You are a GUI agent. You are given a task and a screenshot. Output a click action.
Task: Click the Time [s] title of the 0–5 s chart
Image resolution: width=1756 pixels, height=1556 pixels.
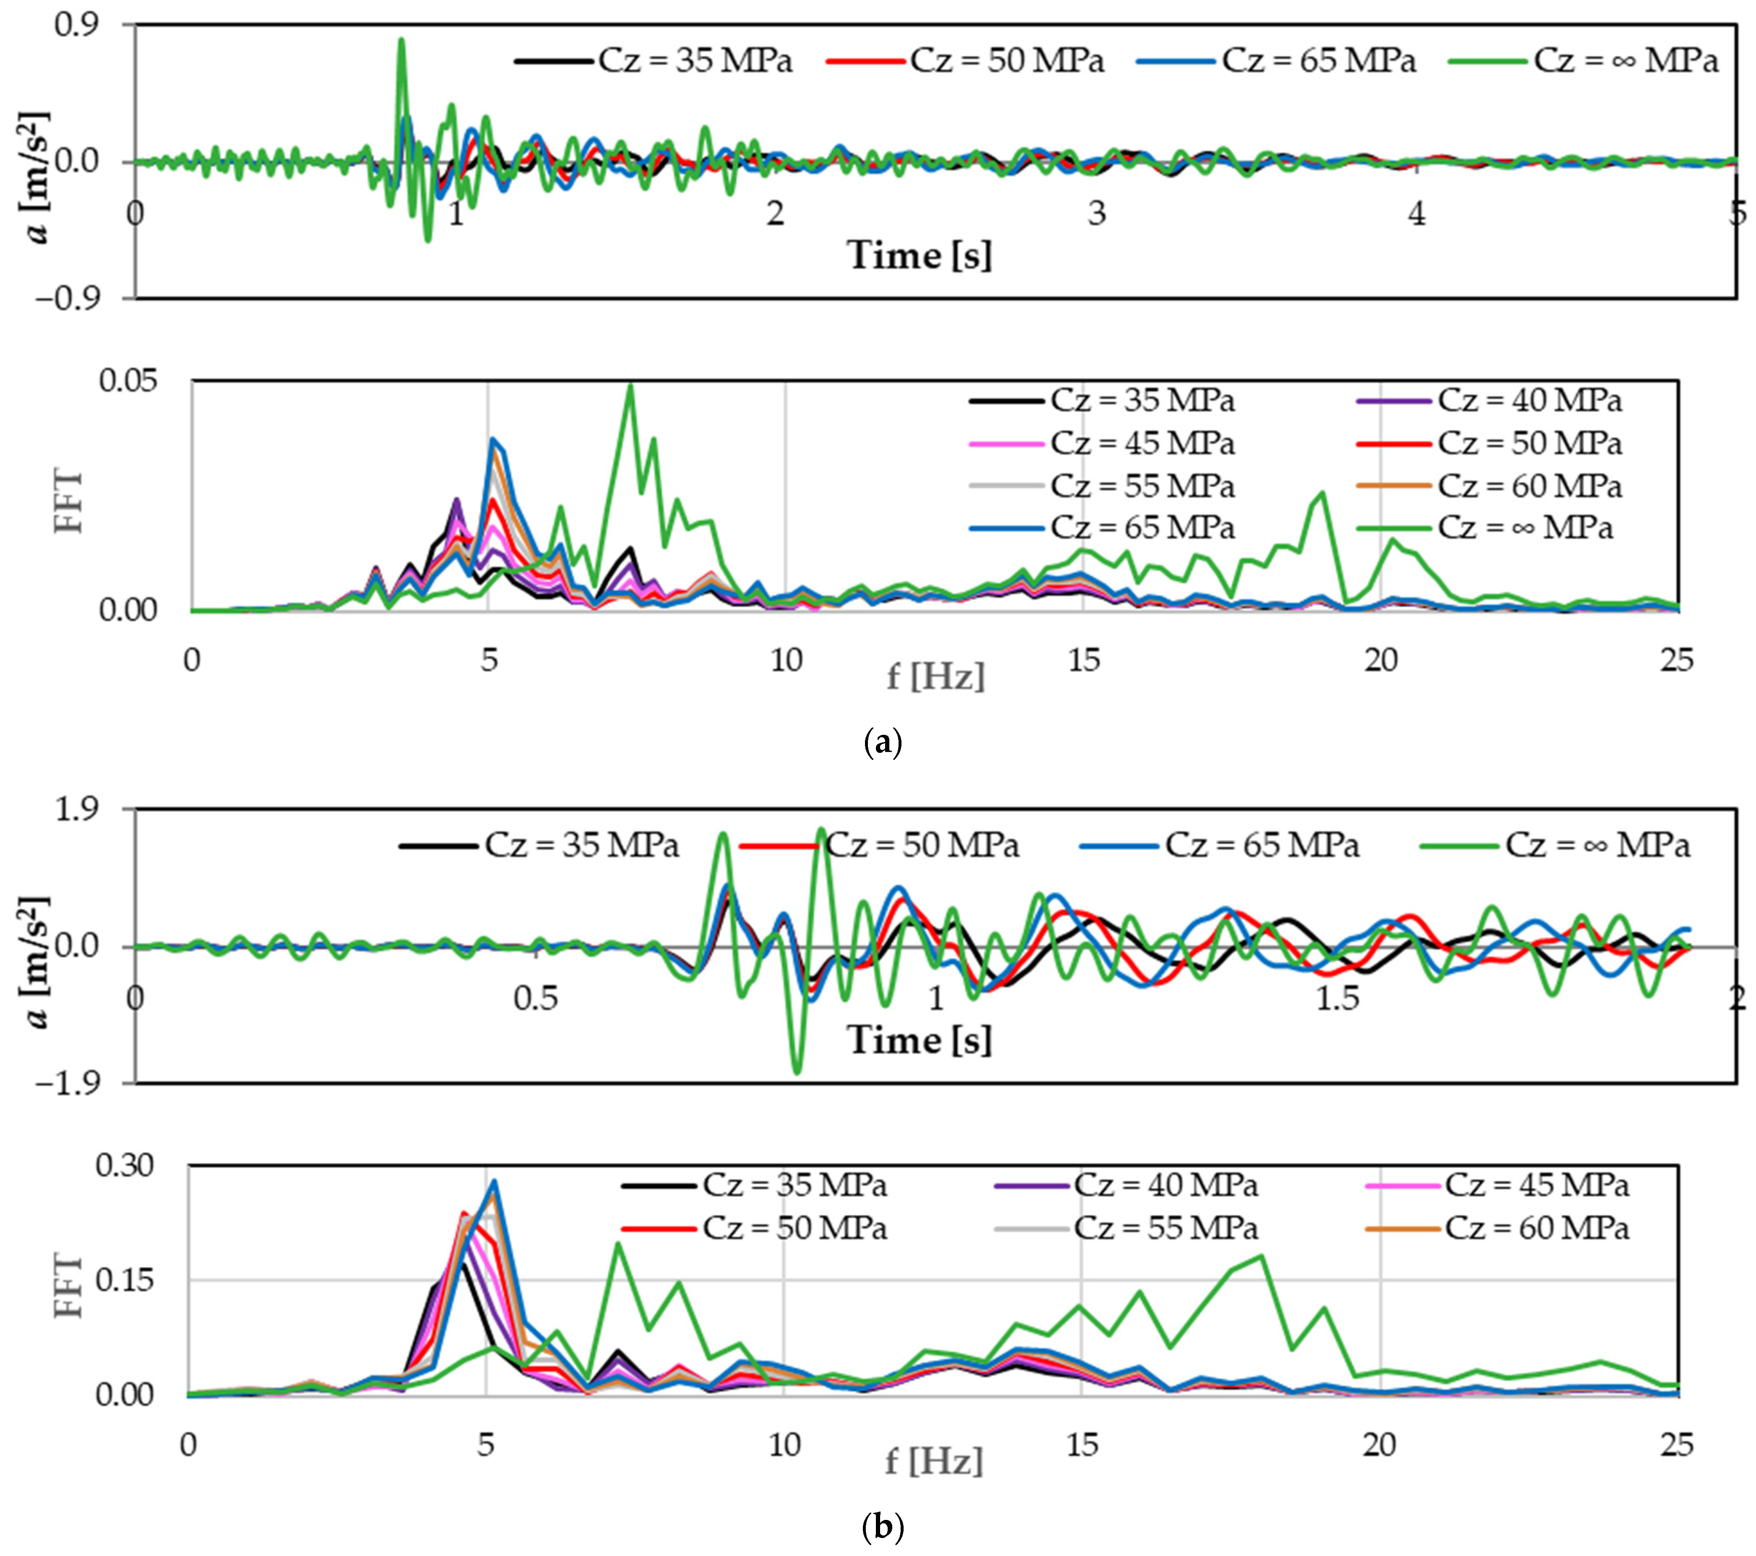click(x=919, y=255)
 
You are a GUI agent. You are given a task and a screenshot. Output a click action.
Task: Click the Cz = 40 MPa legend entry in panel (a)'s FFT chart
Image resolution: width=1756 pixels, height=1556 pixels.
click(x=1529, y=400)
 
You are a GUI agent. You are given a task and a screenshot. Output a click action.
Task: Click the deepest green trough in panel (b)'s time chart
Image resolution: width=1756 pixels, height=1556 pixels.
click(x=797, y=1072)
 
